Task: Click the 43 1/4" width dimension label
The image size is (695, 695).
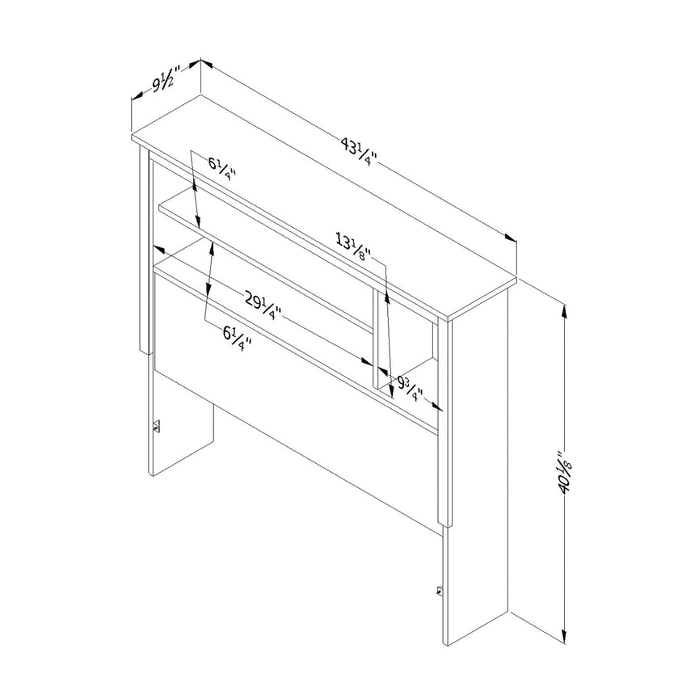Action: point(359,151)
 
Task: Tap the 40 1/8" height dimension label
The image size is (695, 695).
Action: point(566,473)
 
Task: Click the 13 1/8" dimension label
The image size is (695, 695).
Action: point(353,248)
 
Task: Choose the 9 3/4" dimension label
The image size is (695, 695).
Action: point(410,387)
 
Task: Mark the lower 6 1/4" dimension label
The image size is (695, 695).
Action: point(237,338)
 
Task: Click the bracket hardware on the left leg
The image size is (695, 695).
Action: point(156,427)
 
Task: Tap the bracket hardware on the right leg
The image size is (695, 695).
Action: point(440,591)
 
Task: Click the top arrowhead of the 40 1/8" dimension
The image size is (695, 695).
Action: point(564,312)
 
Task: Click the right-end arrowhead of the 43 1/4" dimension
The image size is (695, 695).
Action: point(511,238)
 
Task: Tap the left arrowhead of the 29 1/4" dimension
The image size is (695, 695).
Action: point(159,248)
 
